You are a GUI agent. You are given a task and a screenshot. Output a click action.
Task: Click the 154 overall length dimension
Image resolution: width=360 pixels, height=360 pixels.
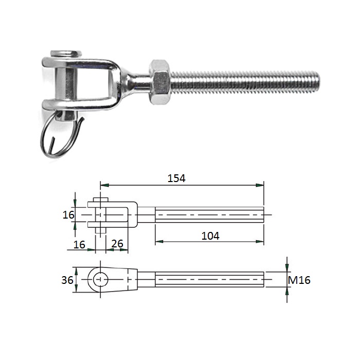tap(176, 178)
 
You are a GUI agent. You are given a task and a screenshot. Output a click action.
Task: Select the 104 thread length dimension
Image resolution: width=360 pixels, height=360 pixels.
tap(210, 236)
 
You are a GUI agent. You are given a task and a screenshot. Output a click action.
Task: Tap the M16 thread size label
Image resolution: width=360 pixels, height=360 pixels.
tap(299, 280)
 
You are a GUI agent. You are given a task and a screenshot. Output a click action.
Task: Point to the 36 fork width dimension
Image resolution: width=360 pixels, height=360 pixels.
tap(67, 280)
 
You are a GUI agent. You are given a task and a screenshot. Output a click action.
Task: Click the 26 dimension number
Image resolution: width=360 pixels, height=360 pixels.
tap(117, 244)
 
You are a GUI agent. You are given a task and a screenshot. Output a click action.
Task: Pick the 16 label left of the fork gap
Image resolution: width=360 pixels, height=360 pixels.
tap(68, 215)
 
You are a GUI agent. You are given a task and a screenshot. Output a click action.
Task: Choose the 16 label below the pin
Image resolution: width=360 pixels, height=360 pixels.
tap(79, 245)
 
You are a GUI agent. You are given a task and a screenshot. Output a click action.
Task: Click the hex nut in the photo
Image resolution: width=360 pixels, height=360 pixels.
tap(160, 82)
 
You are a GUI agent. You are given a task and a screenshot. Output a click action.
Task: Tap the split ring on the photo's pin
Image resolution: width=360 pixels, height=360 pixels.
tap(60, 135)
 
